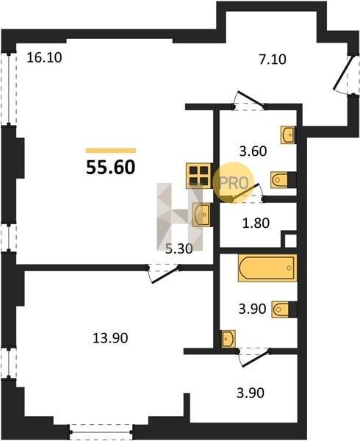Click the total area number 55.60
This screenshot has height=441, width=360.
coord(111,168)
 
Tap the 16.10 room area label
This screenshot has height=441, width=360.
coord(44,57)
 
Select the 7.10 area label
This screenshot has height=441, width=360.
coord(273,60)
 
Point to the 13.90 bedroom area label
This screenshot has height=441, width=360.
coord(110,338)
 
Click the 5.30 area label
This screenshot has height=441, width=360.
coord(179,249)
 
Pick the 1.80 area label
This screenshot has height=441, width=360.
coord(256,223)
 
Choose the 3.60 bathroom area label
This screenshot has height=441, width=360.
coord(253,151)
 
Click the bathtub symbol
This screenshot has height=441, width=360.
coord(267,268)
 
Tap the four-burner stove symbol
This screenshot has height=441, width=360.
coord(199,176)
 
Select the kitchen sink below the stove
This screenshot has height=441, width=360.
coord(201,215)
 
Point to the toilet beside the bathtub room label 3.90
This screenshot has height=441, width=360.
coord(284,309)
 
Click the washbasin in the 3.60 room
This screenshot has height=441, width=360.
coord(287,135)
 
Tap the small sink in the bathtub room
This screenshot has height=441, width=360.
coord(228,339)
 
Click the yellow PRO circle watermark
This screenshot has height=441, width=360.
coord(233,182)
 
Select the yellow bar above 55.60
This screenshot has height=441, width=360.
coord(111,151)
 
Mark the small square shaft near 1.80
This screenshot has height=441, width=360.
coord(290,241)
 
